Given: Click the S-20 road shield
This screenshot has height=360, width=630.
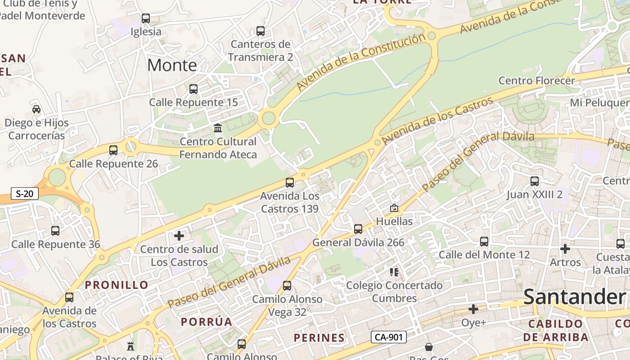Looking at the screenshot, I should pyautogui.click(x=25, y=194).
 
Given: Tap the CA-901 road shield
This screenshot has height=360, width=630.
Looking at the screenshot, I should pyautogui.click(x=389, y=337).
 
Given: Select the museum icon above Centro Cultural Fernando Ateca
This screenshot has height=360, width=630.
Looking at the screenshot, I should pyautogui.click(x=218, y=128).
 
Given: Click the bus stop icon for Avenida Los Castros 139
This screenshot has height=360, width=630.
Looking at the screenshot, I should pyautogui.click(x=290, y=183).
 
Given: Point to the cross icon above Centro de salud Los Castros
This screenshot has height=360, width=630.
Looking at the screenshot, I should pyautogui.click(x=179, y=236).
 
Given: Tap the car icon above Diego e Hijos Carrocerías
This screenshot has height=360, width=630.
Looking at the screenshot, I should pyautogui.click(x=36, y=109).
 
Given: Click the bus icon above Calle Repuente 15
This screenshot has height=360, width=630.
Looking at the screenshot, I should pyautogui.click(x=193, y=89).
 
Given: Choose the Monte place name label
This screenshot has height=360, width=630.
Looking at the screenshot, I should pyautogui.click(x=172, y=65).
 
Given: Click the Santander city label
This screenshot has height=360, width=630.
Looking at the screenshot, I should pyautogui.click(x=575, y=297).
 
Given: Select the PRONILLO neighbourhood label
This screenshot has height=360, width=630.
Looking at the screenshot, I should pyautogui.click(x=117, y=285).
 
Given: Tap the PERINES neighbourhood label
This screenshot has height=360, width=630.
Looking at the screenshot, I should pyautogui.click(x=319, y=338).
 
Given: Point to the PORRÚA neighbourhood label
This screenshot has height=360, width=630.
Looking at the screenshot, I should pyautogui.click(x=207, y=322).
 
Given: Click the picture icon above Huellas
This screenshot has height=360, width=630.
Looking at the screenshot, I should pyautogui.click(x=394, y=208).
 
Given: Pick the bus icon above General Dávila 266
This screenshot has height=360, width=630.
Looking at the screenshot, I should pyautogui.click(x=358, y=229).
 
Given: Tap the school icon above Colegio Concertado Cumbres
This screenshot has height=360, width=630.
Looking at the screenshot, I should pyautogui.click(x=394, y=272).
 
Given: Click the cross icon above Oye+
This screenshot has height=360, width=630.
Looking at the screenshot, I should pyautogui.click(x=473, y=309).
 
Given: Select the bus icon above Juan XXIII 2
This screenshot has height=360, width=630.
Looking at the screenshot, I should pyautogui.click(x=535, y=181).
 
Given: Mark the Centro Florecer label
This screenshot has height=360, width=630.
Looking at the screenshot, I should pyautogui.click(x=537, y=81).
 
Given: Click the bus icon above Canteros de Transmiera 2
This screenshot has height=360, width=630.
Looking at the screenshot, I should pyautogui.click(x=261, y=31).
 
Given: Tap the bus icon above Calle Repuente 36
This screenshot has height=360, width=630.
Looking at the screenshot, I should pyautogui.click(x=55, y=231).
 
